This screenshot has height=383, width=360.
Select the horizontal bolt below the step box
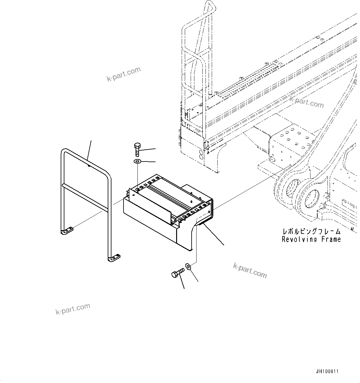[x=177, y=273]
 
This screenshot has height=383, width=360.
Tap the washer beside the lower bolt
[x=188, y=266]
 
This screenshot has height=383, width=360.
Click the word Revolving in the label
[x=299, y=239]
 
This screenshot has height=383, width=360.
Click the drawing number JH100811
[x=327, y=371]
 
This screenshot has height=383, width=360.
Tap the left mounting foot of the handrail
[x=67, y=231]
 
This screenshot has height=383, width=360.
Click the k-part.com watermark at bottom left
[x=73, y=309]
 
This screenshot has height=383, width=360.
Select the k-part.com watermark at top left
[x=124, y=74]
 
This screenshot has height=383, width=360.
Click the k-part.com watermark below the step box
[x=249, y=270]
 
